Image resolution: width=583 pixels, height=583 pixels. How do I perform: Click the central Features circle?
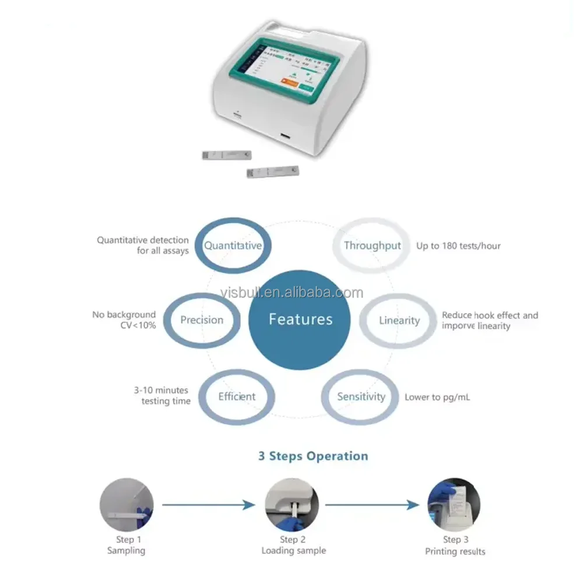click(300, 319)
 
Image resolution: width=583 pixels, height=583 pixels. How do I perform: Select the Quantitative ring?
click(233, 245)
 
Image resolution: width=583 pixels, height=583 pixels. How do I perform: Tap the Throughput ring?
click(372, 245)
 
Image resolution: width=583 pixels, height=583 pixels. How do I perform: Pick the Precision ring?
click(202, 320)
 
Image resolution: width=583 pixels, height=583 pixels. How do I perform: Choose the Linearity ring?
click(399, 321)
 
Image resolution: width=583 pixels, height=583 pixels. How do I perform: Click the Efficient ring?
click(237, 397)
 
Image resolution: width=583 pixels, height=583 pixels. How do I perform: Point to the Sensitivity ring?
click(361, 397)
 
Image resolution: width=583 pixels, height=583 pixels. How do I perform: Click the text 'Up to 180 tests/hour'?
click(458, 246)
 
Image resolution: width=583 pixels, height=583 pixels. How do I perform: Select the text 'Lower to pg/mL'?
click(437, 398)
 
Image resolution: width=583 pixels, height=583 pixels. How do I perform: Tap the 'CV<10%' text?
click(138, 326)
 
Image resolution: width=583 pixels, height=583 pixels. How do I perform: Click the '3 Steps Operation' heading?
click(313, 456)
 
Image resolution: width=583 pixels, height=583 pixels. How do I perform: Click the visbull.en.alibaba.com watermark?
click(291, 293)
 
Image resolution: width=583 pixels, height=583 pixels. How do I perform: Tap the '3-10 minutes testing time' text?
click(162, 395)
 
